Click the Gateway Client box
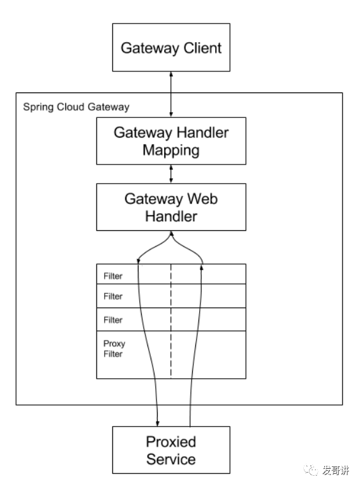pos(171,47)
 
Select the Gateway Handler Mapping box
pos(171,141)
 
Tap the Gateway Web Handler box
pos(171,207)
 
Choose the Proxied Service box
pos(171,450)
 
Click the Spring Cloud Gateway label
pos(77,107)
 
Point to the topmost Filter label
pos(113,276)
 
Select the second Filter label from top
pos(113,297)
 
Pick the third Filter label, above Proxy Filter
pos(113,320)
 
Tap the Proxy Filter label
pos(114,349)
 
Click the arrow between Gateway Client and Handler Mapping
pos(171,94)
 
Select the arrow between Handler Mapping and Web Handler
pos(171,174)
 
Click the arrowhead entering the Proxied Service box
pos(158,423)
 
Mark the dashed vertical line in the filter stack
pos(171,321)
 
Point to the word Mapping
pos(171,151)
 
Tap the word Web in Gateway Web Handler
pos(202,199)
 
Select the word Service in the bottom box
pos(171,459)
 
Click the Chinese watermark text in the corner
pos(336,470)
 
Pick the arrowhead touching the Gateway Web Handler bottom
pos(171,233)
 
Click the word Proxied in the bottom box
pos(171,442)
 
